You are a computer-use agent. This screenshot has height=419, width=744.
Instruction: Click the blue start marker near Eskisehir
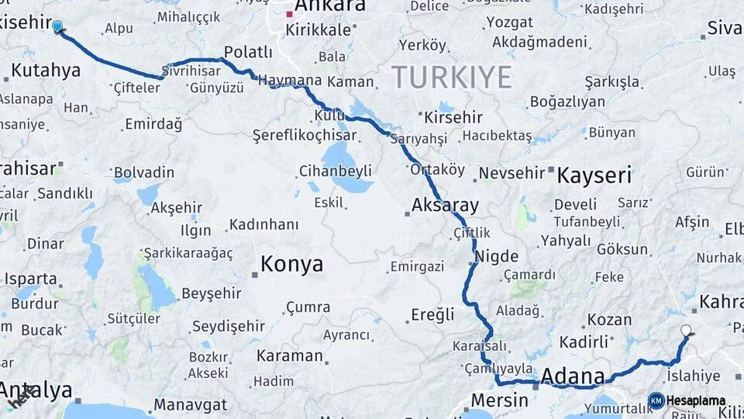point(57,28)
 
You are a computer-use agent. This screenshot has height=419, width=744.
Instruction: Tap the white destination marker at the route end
point(686,331)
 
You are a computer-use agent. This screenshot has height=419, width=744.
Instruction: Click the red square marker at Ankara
point(289,14)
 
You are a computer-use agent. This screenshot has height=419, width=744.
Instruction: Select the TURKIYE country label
point(452,78)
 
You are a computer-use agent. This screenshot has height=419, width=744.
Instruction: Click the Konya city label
point(291,265)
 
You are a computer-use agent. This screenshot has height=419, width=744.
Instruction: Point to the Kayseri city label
point(594,175)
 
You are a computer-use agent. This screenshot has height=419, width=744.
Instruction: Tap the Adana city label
point(573,377)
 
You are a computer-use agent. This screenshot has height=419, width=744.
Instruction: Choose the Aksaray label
point(446,206)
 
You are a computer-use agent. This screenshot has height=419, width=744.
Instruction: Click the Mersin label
point(500,401)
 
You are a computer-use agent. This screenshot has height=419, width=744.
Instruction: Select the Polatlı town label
point(248,52)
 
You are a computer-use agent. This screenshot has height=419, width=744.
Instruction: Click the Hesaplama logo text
point(695,400)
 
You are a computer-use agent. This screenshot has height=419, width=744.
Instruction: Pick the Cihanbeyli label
point(336,171)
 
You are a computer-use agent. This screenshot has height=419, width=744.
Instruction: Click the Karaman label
point(289,356)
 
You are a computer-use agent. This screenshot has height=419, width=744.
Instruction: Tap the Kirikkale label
point(319,29)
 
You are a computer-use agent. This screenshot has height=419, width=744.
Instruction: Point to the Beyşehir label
point(211,293)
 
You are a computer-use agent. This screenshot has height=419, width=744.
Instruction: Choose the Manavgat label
point(190,405)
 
